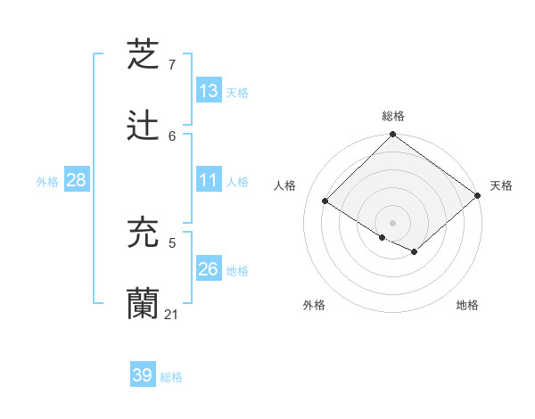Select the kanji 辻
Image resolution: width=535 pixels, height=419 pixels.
[144, 126]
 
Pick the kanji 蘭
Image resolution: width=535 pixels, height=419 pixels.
[144, 304]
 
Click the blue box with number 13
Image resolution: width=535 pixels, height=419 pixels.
[209, 90]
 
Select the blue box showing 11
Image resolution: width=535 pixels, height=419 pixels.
[209, 180]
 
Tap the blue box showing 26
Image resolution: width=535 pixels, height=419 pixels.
[209, 268]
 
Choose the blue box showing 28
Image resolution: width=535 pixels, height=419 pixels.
[77, 180]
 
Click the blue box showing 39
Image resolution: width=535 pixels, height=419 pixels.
[143, 375]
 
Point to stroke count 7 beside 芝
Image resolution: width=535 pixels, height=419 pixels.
[172, 65]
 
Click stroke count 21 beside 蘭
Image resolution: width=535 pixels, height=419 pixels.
[172, 315]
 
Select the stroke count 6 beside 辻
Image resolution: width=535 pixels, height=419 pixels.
[172, 136]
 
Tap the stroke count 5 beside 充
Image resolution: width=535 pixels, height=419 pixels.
[172, 242]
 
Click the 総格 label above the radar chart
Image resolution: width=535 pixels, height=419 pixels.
[393, 116]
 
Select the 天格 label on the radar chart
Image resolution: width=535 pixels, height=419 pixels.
[502, 185]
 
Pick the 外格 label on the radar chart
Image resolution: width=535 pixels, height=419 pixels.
[314, 305]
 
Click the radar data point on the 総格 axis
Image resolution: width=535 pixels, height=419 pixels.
[393, 136]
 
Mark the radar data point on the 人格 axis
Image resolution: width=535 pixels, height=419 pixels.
[325, 201]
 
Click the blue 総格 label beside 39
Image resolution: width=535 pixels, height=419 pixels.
[172, 377]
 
